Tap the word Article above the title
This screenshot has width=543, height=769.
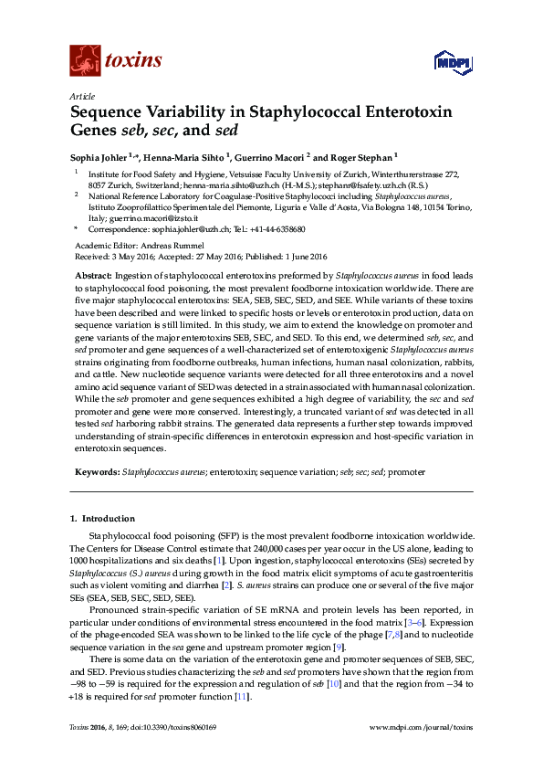pos(82,95)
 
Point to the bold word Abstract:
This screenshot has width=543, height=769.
pos(94,275)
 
